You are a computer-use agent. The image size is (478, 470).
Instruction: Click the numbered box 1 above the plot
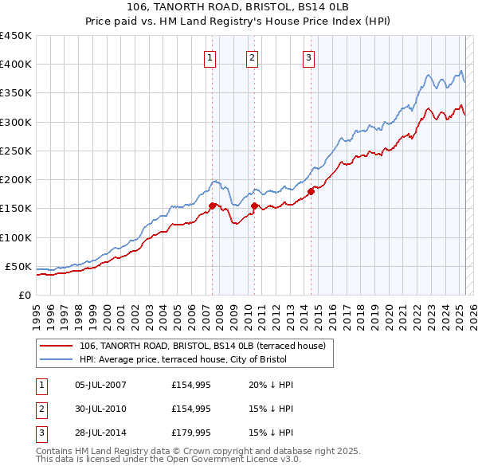point(210,57)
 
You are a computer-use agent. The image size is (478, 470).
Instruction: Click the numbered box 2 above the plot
point(252,57)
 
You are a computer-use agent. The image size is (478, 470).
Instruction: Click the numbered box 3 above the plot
point(308,57)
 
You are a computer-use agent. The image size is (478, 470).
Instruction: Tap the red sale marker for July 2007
point(213,206)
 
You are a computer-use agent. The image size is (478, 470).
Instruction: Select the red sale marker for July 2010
point(254,206)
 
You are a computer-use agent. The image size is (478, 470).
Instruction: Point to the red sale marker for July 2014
point(311,191)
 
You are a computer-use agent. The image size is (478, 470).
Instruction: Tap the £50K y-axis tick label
point(18,266)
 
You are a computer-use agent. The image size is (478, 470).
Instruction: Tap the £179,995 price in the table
point(190,434)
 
